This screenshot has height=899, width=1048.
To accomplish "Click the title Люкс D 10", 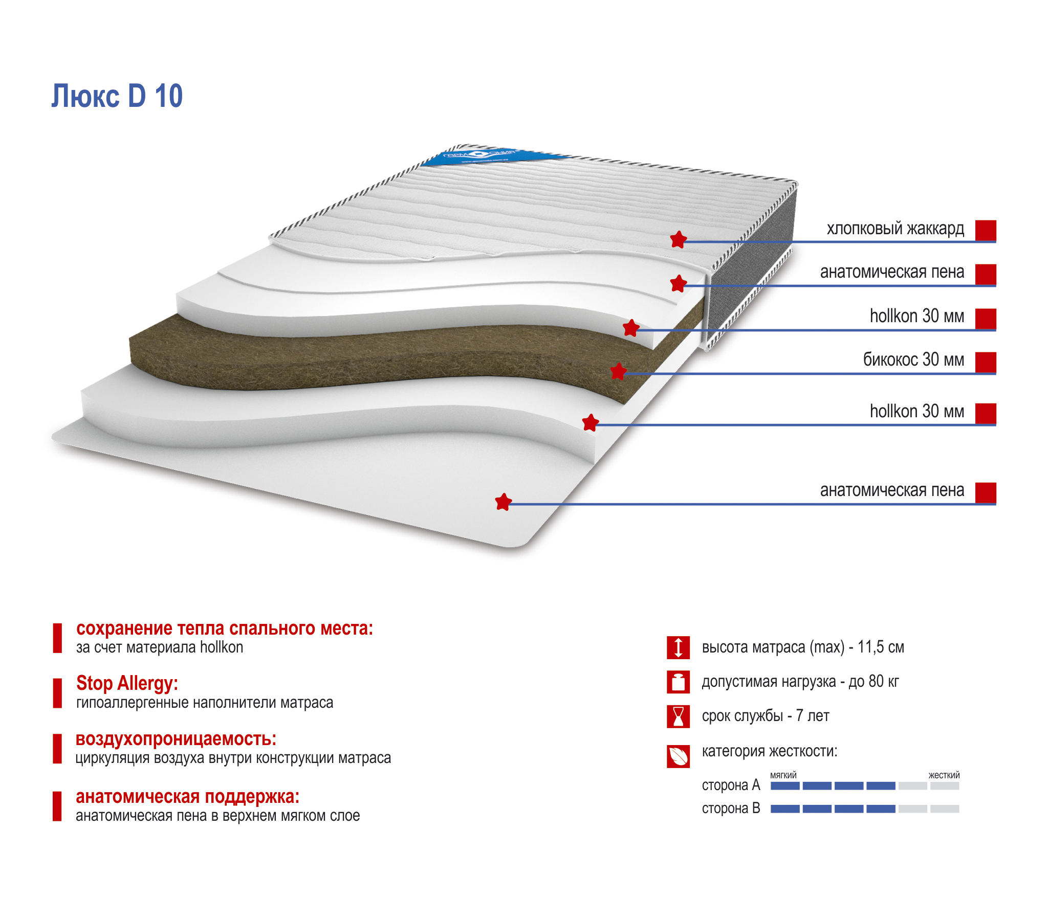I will pyautogui.click(x=117, y=96).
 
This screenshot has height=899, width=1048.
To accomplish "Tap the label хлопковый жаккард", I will pyautogui.click(x=895, y=228).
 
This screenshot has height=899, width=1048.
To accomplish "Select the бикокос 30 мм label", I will pyautogui.click(x=913, y=359).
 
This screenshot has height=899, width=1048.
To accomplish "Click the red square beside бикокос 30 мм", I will pyautogui.click(x=985, y=362).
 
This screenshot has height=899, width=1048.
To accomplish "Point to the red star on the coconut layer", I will pyautogui.click(x=619, y=371).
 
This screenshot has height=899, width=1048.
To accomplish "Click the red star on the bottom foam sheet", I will pyautogui.click(x=504, y=502).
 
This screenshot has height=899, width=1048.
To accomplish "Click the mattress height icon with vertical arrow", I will pyautogui.click(x=678, y=647).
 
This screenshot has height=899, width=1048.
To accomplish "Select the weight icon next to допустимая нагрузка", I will pyautogui.click(x=678, y=682).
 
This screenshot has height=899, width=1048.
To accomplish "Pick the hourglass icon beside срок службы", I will pyautogui.click(x=678, y=716).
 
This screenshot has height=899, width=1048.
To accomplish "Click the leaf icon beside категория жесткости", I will pyautogui.click(x=678, y=756).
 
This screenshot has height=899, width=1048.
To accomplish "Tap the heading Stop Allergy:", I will pyautogui.click(x=127, y=683).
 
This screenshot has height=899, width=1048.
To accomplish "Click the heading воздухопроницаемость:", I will pyautogui.click(x=176, y=739).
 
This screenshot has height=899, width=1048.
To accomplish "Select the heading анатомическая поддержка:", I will pyautogui.click(x=187, y=797).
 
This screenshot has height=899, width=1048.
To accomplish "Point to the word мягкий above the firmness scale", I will pyautogui.click(x=783, y=775).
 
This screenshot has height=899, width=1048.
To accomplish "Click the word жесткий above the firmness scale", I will pyautogui.click(x=944, y=775).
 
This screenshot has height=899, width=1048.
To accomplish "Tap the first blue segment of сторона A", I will pyautogui.click(x=785, y=786).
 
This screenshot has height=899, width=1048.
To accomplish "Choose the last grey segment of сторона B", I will pyautogui.click(x=945, y=809).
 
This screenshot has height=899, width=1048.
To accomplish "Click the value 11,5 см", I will pyautogui.click(x=881, y=647).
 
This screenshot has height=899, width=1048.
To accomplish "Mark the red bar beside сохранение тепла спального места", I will pyautogui.click(x=57, y=638).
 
